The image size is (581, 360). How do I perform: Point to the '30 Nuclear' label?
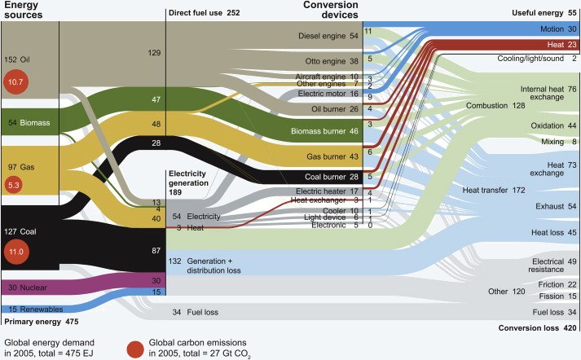[29, 287]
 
